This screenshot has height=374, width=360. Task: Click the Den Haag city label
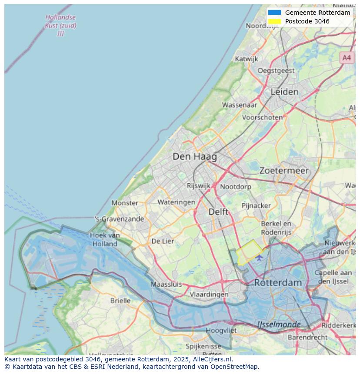(194, 156)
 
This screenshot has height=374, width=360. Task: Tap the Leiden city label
(284, 92)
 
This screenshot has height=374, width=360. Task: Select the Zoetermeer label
(284, 171)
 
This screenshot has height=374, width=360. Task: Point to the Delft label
(218, 212)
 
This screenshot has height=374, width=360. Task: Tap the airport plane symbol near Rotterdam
(260, 258)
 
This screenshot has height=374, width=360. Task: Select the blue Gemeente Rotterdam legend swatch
(274, 13)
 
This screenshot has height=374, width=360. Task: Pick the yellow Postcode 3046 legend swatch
(274, 21)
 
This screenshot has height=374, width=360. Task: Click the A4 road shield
(346, 57)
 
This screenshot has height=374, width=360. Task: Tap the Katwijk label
(246, 59)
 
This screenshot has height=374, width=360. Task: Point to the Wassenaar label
(240, 105)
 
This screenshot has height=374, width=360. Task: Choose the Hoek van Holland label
(105, 239)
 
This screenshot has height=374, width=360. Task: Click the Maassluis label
(166, 285)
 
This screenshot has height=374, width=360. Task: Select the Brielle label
(120, 301)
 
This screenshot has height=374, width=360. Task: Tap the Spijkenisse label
(203, 346)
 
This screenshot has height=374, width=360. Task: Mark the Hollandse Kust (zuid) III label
(60, 26)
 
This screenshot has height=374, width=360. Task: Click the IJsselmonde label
(279, 324)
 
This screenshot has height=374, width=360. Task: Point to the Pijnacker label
(256, 205)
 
